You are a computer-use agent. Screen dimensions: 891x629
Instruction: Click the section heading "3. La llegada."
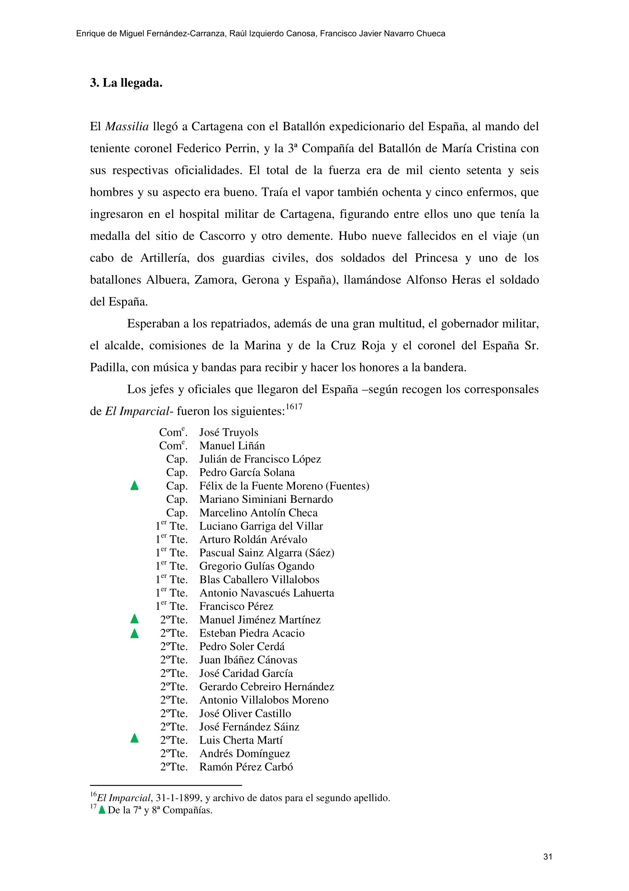pos(126,83)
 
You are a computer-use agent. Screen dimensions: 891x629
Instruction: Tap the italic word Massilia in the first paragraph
pos(127,126)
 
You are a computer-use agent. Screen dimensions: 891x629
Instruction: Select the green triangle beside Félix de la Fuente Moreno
pos(134,485)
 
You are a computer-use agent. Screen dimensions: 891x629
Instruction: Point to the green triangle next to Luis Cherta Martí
pos(134,738)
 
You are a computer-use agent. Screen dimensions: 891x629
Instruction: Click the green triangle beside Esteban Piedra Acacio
pos(134,634)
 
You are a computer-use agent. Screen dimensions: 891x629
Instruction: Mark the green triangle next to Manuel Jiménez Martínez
pos(134,619)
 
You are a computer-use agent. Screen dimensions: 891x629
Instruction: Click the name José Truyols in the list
pos(229,432)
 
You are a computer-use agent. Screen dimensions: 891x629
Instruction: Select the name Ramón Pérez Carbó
pos(246,767)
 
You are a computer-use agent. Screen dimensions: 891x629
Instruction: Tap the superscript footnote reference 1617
pos(294,407)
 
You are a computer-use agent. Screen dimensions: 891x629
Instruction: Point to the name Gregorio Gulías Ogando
pos(256,566)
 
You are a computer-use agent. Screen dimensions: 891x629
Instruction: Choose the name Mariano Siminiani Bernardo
pos(266,499)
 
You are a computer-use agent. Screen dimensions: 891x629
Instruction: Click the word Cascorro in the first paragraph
pos(222,236)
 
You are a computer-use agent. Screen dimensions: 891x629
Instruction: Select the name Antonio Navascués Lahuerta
pos(267,593)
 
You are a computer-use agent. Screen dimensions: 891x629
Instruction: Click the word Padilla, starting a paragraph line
pos(108,368)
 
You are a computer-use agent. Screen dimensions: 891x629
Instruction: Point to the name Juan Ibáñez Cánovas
pos(248,660)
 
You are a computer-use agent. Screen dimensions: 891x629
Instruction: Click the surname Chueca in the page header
pos(431,34)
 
